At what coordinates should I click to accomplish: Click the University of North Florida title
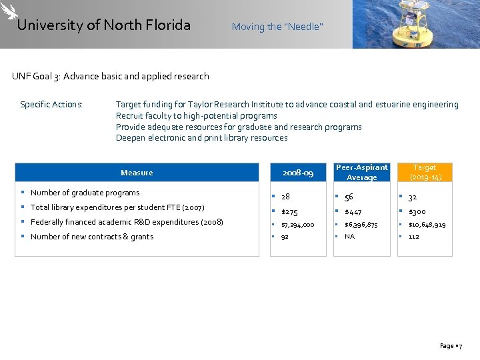(x=103, y=25)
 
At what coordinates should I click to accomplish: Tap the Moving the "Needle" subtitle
(x=277, y=27)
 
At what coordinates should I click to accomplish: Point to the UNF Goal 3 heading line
(x=111, y=76)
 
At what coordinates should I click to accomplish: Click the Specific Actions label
(x=51, y=105)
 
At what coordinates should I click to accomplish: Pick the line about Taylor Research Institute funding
(x=287, y=105)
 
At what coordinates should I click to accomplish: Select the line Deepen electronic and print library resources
(x=201, y=138)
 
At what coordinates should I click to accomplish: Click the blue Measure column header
(x=137, y=173)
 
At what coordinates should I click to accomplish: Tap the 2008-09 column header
(x=297, y=173)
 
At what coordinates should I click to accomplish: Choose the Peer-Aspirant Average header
(x=361, y=173)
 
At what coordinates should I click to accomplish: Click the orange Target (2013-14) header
(x=424, y=173)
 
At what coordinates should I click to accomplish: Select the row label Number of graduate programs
(x=85, y=193)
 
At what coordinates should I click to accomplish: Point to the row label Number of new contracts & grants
(x=92, y=237)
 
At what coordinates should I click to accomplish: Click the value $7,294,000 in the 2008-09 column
(x=297, y=225)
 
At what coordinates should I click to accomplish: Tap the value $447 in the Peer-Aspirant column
(x=353, y=211)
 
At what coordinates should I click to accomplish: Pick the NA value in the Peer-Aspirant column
(x=349, y=237)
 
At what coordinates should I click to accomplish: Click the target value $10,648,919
(x=428, y=225)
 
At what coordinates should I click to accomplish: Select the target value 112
(x=414, y=237)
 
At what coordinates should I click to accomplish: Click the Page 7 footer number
(x=451, y=346)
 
